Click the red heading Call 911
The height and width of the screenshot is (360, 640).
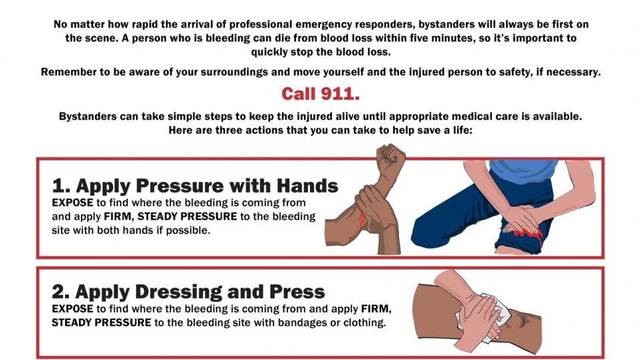(320, 93)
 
